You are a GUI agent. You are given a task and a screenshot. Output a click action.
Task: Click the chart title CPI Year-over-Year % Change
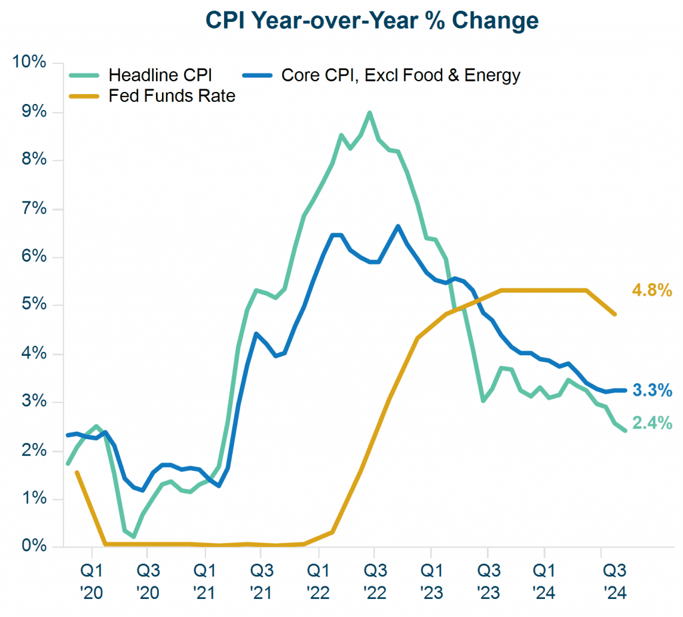[372, 21]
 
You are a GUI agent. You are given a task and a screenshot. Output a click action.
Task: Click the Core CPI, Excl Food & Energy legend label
[400, 75]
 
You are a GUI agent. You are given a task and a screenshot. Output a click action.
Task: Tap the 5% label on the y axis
[32, 305]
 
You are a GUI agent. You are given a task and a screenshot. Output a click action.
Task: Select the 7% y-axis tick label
[32, 209]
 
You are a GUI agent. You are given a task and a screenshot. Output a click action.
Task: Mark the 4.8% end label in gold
[652, 291]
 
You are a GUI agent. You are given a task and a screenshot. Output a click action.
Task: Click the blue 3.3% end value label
[652, 390]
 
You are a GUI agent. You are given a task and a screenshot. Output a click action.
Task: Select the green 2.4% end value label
[652, 423]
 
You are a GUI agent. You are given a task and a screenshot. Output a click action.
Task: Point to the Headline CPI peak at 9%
[370, 113]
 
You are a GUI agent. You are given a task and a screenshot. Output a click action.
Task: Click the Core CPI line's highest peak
[398, 226]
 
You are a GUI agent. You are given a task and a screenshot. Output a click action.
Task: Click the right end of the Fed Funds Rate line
[615, 314]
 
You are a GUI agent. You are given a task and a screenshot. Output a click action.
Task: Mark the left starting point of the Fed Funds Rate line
[77, 472]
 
